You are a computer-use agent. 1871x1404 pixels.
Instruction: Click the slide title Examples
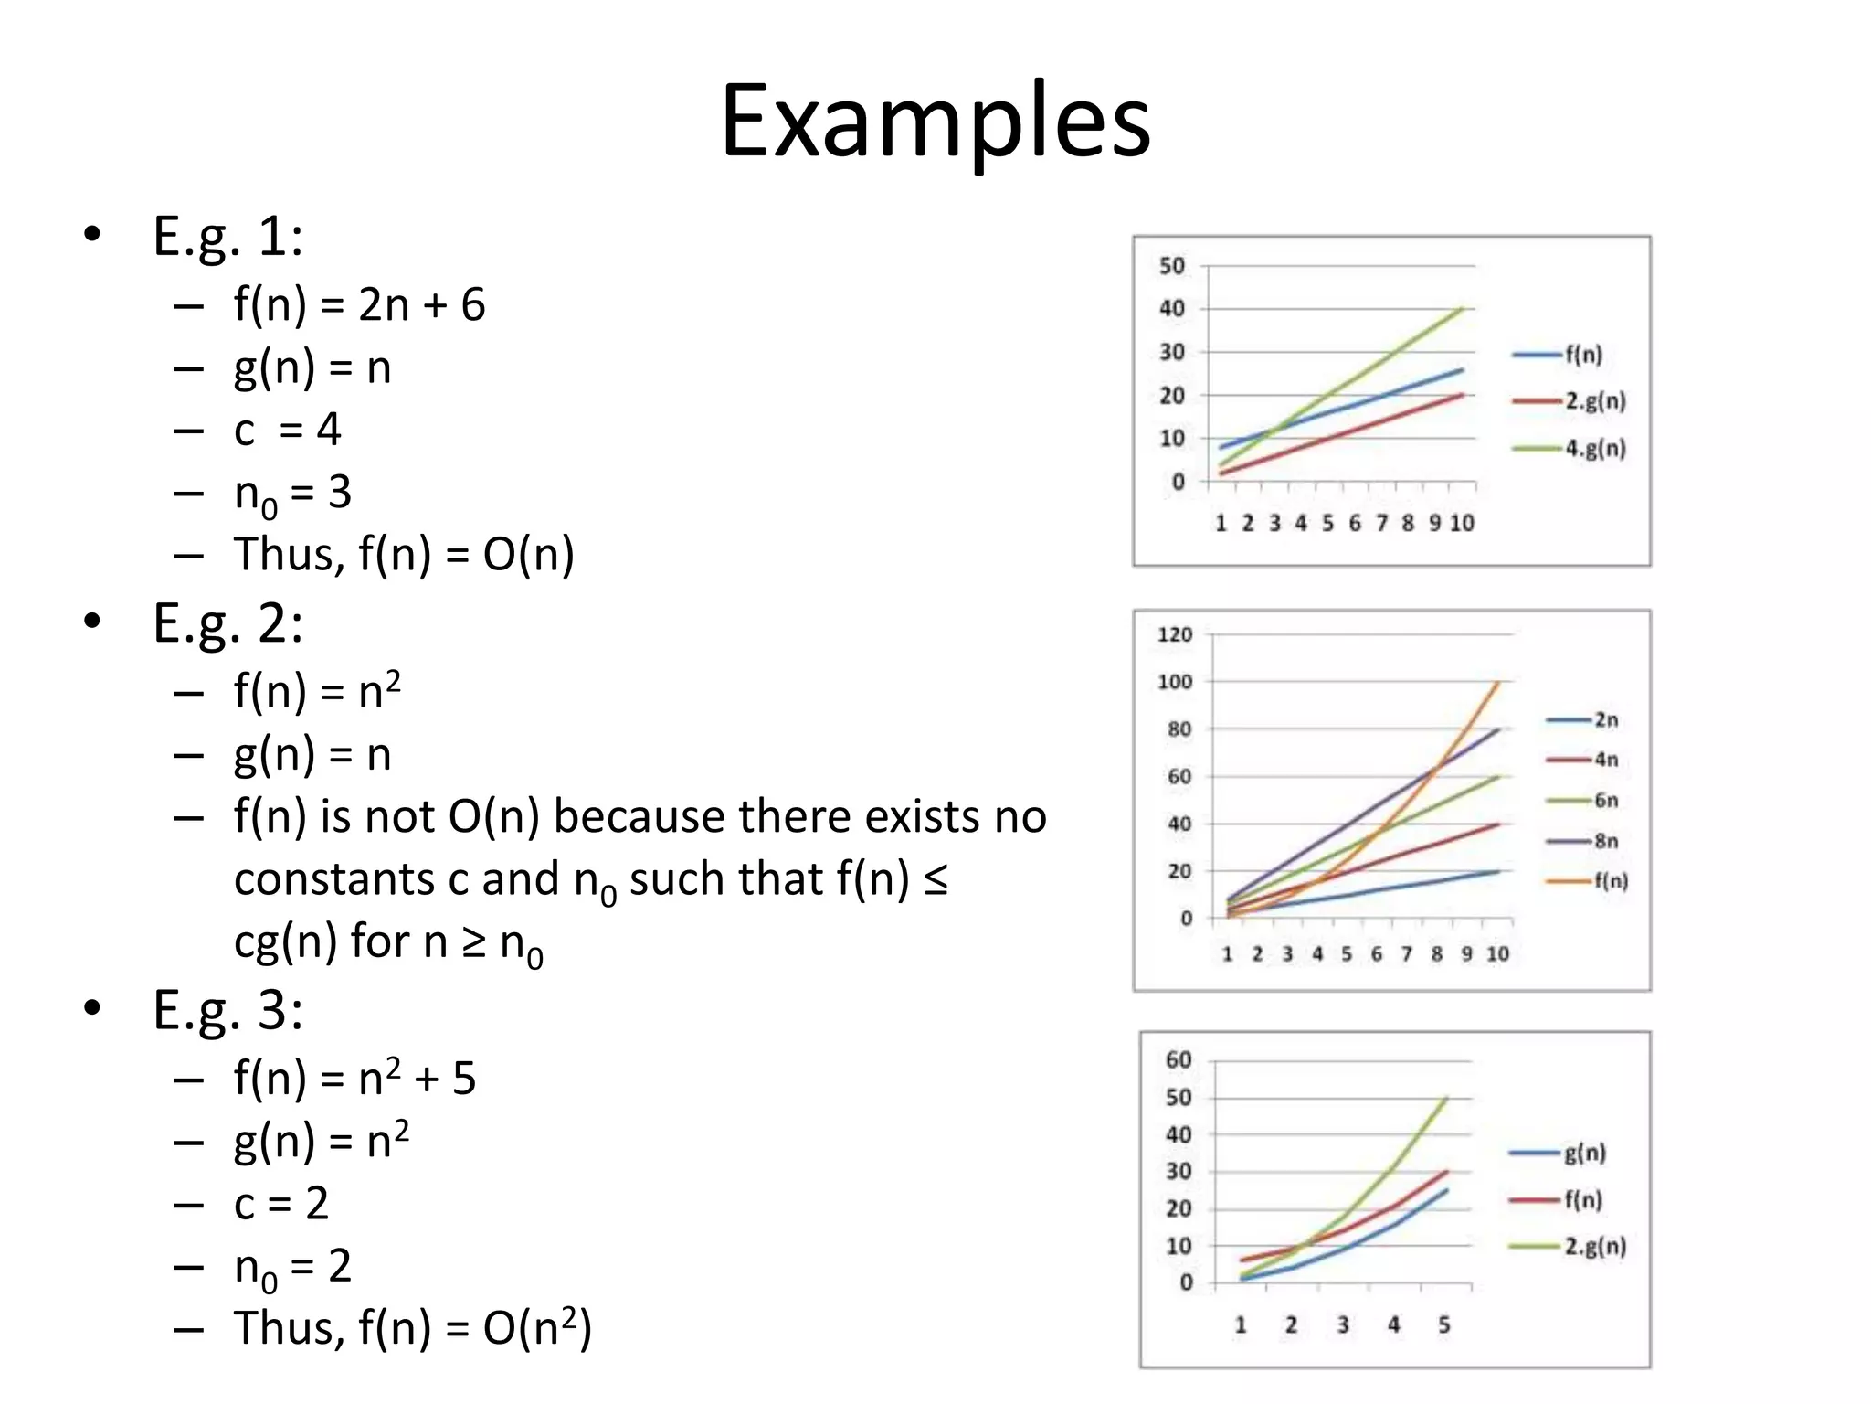coord(935,122)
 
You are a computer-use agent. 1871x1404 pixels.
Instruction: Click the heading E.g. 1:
coord(227,237)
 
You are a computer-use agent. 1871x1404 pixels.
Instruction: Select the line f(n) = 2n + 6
coord(359,304)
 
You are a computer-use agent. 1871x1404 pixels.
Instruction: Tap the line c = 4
coord(287,430)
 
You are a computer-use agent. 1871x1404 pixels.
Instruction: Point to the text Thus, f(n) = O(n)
coord(404,555)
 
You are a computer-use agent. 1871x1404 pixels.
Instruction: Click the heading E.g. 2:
coord(227,624)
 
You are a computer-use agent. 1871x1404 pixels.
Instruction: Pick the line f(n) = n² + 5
coord(354,1078)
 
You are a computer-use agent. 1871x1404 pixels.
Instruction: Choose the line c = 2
coord(280,1204)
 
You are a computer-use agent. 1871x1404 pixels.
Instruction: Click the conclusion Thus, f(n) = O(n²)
coord(413,1328)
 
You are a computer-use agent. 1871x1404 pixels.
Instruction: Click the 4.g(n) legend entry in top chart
coord(1594,449)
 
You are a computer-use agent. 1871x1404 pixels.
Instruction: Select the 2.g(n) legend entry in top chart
coord(1594,401)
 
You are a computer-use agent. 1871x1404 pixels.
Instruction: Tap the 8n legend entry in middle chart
coord(1605,841)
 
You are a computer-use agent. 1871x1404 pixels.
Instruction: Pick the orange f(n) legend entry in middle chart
coord(1611,881)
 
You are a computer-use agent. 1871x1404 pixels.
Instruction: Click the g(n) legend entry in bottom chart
coord(1584,1153)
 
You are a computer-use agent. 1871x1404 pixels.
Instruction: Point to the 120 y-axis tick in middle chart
coord(1175,634)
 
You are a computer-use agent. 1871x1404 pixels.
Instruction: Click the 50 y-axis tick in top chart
coord(1172,266)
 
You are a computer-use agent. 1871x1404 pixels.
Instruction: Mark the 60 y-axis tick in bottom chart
coord(1179,1059)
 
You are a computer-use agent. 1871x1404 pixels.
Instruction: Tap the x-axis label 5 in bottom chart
coord(1444,1324)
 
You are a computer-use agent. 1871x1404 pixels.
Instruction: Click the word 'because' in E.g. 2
coord(640,816)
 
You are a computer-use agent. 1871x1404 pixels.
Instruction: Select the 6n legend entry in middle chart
coord(1605,801)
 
